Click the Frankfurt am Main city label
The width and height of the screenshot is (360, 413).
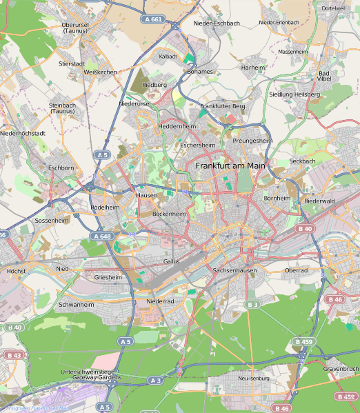point(230,166)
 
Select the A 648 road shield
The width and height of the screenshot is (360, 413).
point(101,236)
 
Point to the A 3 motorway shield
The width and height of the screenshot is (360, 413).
point(156,381)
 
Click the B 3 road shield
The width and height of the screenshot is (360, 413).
point(252,304)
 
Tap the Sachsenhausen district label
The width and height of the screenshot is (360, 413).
point(234,271)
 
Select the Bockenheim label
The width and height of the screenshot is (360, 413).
point(169,214)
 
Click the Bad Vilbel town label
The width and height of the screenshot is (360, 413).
point(324,76)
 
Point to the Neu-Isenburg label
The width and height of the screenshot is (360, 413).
point(253,379)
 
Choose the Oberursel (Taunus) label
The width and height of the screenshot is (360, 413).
point(74,28)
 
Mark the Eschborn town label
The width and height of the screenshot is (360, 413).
point(61,168)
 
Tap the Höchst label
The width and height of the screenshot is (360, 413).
point(16,271)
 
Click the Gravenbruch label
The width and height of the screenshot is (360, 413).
point(341,369)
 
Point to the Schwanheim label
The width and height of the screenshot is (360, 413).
point(77,304)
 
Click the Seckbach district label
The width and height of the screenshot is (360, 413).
point(302,161)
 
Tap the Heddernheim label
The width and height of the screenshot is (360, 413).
point(177,127)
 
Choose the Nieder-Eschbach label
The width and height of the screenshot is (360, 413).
point(217,23)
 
